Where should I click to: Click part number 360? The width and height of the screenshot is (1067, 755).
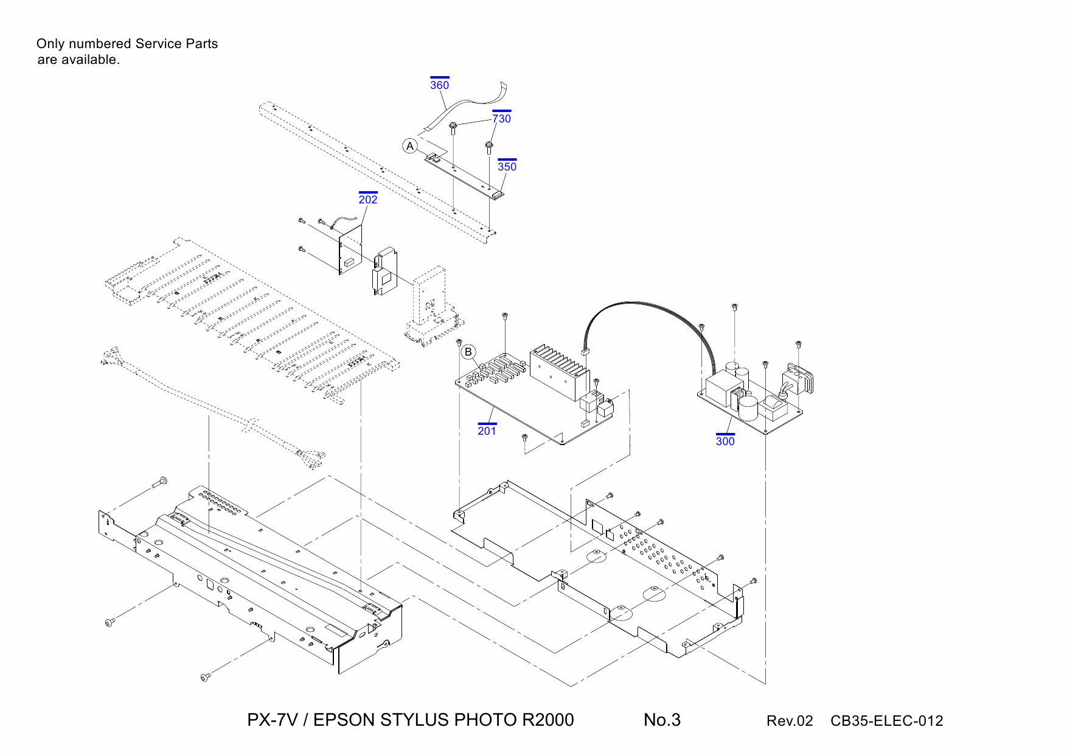[x=439, y=85]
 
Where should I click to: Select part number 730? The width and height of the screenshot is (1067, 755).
[x=501, y=119]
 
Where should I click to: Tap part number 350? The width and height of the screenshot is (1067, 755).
[x=507, y=167]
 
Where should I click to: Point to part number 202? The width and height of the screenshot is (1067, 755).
[x=367, y=200]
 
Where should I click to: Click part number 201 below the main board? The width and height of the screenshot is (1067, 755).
[x=487, y=431]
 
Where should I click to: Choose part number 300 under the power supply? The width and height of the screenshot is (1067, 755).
[x=725, y=441]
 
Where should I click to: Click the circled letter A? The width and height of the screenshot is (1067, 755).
[x=410, y=146]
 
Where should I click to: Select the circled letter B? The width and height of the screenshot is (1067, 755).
[x=468, y=352]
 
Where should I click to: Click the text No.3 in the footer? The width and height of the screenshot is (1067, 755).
[x=662, y=720]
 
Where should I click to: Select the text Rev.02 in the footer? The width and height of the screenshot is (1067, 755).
[x=789, y=721]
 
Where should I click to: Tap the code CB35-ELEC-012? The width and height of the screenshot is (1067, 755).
[x=886, y=721]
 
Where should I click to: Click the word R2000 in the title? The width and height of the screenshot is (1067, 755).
[x=547, y=720]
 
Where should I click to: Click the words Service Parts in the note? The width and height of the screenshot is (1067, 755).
[x=176, y=44]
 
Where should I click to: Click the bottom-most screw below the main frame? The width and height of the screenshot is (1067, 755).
[x=205, y=676]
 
